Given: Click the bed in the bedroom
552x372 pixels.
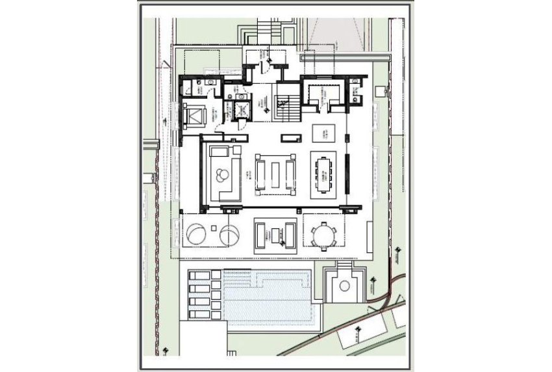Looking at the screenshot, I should [x=194, y=116].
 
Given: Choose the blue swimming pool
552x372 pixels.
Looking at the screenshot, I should [x=266, y=296].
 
